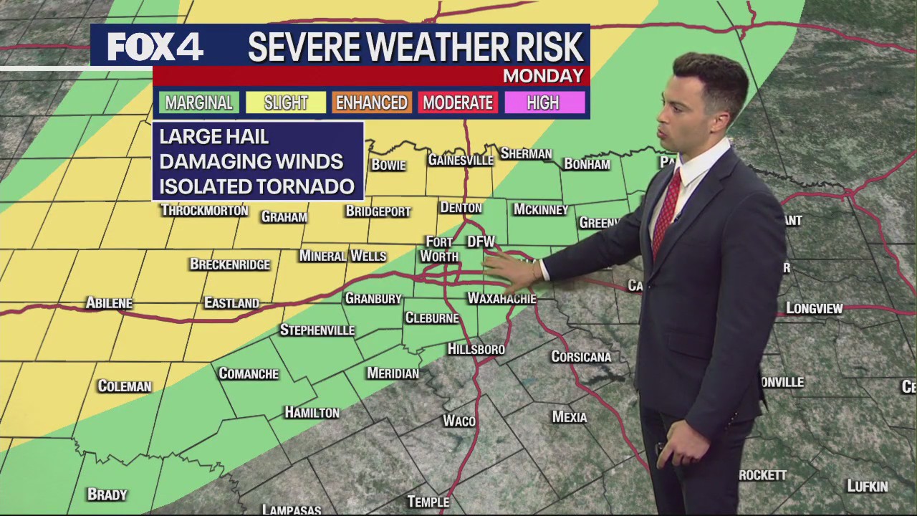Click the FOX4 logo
point(155,47)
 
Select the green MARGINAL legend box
point(199,103)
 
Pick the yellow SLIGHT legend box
point(286,103)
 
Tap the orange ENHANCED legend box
point(371,103)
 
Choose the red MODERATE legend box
point(458,103)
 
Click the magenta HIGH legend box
point(543,103)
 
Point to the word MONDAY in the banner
point(543,76)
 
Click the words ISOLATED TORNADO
point(256,186)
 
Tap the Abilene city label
point(109,303)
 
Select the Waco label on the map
point(459,421)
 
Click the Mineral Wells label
point(342,256)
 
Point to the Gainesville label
point(461,160)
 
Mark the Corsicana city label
point(581,357)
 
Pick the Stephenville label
point(317,330)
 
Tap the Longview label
point(815,309)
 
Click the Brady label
point(107,494)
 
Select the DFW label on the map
point(481,242)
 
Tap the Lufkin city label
point(867,487)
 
